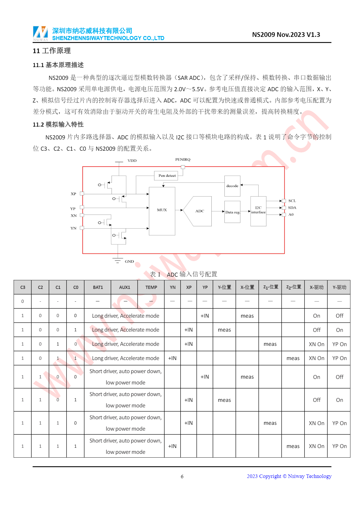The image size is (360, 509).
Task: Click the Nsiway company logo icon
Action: (x=40, y=33)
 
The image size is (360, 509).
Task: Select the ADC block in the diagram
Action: (x=199, y=211)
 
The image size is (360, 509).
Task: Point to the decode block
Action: (x=232, y=186)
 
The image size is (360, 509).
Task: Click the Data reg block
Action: (x=232, y=212)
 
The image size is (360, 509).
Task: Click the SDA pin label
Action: (x=292, y=208)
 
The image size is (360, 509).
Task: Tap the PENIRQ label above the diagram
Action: (x=183, y=159)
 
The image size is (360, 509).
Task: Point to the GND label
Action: (x=129, y=261)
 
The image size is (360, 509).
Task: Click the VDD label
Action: (x=132, y=161)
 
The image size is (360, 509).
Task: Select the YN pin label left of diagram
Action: (x=73, y=228)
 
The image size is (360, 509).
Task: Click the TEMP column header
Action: (x=151, y=287)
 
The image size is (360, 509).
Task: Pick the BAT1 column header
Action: (x=98, y=287)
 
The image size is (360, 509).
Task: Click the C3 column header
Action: (x=23, y=287)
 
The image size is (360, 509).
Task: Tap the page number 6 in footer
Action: (x=182, y=476)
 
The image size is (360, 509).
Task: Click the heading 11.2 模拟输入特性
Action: (x=58, y=124)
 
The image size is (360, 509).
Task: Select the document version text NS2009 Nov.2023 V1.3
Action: (x=286, y=35)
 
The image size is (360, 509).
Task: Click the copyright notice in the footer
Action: (x=289, y=476)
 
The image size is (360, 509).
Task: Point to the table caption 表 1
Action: (x=155, y=274)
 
